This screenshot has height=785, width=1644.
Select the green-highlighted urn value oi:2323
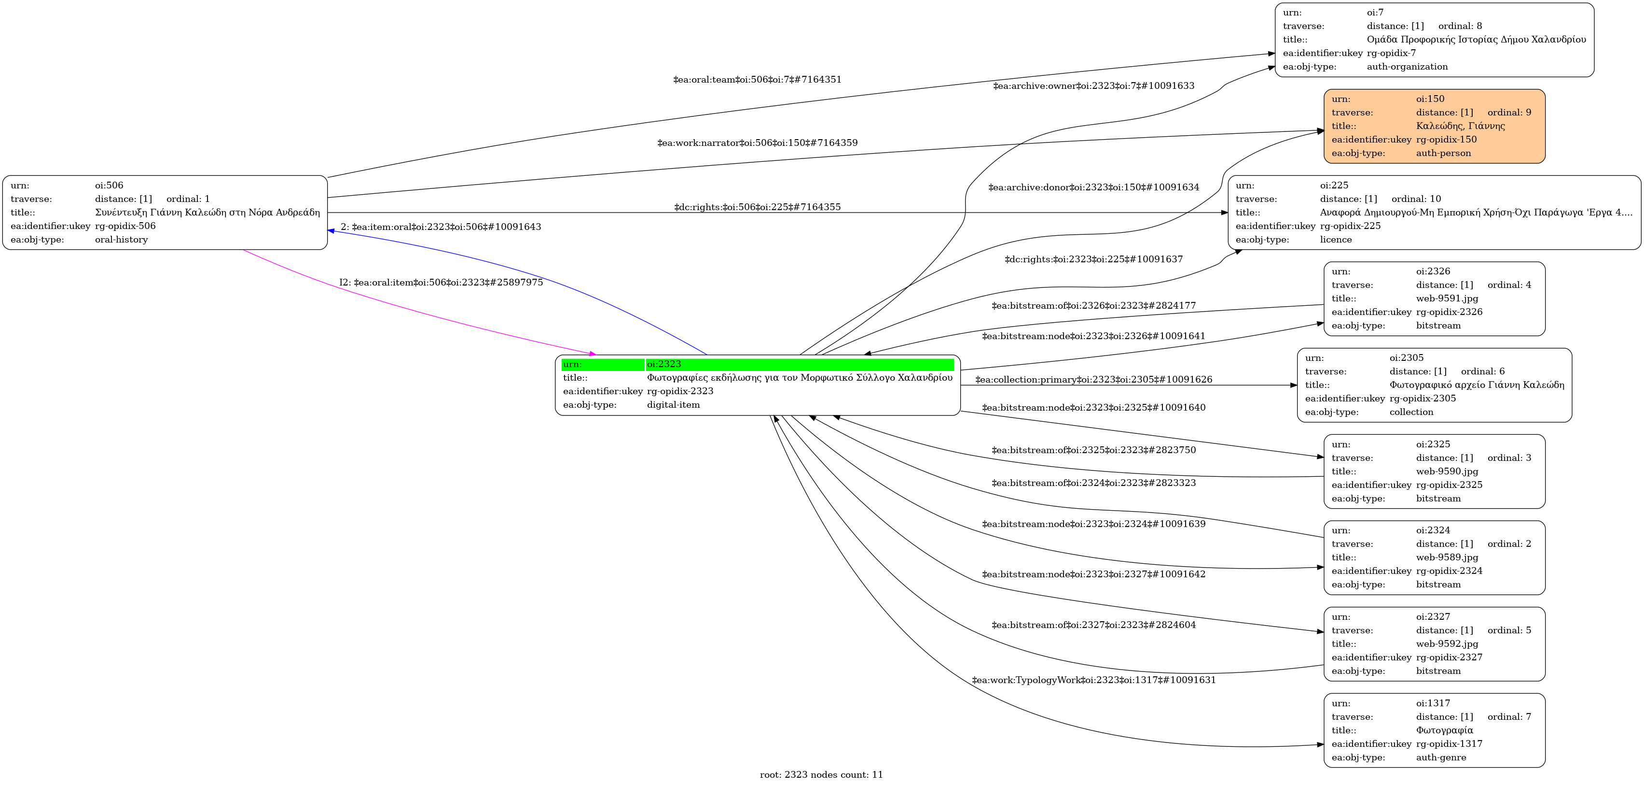tap(663, 364)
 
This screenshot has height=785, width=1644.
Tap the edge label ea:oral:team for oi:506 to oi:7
tap(757, 80)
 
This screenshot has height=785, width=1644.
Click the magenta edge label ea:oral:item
tap(441, 282)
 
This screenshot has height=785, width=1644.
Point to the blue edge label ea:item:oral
tap(441, 227)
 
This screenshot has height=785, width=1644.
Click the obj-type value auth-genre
tap(1440, 757)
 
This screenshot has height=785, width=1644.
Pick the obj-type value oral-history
tap(121, 240)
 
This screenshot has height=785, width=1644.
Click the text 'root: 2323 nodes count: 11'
tap(821, 775)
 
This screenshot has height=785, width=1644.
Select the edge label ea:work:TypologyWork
tap(1093, 680)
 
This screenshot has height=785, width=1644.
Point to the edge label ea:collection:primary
tap(1093, 379)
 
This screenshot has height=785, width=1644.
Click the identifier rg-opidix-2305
tap(1423, 399)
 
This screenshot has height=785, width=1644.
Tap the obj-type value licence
tap(1336, 240)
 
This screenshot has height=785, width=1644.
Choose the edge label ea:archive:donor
tap(1093, 187)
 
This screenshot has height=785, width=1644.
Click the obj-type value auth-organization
tap(1407, 67)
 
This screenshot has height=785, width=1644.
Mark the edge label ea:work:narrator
tap(757, 143)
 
